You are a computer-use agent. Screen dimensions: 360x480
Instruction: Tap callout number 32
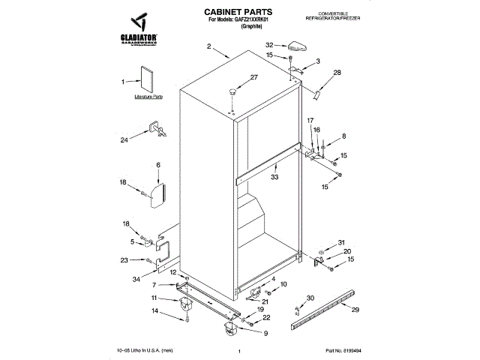(269, 46)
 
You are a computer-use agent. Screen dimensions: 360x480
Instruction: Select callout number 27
(253, 78)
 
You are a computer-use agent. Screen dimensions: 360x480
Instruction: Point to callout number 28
(337, 72)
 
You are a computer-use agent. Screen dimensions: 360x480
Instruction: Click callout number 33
(274, 177)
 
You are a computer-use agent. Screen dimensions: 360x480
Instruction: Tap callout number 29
(355, 310)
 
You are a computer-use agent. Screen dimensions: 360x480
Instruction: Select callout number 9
(265, 333)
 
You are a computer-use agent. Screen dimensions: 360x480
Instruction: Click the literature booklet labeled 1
(145, 80)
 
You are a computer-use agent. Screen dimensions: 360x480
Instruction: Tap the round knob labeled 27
(234, 90)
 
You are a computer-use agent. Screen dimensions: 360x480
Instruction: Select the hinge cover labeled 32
(293, 46)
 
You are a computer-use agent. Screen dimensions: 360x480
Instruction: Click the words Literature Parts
(148, 97)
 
